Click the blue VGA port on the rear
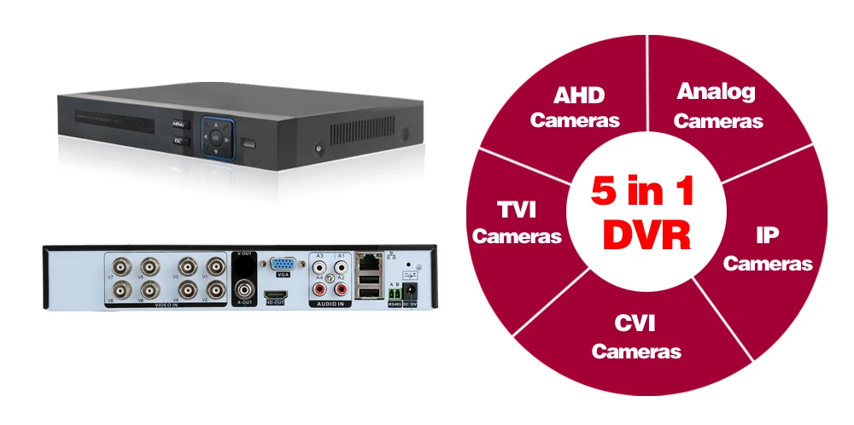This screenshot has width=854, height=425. pyautogui.click(x=284, y=265)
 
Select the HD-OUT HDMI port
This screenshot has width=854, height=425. pyautogui.click(x=276, y=294)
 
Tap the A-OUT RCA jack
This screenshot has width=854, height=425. pyautogui.click(x=244, y=288)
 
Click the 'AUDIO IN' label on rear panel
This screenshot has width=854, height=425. pyautogui.click(x=330, y=304)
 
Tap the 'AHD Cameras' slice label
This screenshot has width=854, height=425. pyautogui.click(x=575, y=107)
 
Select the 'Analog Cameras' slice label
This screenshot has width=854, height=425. pyautogui.click(x=717, y=106)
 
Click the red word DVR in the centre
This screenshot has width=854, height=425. pyautogui.click(x=646, y=234)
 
